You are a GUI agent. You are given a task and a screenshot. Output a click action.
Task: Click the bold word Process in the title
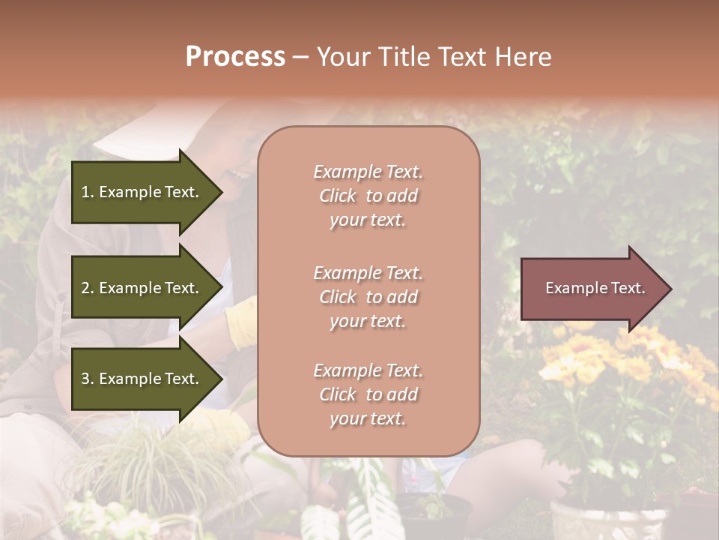point(235,57)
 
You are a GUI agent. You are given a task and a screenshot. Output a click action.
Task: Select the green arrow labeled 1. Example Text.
point(142,192)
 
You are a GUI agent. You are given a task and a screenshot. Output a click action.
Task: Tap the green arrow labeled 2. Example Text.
point(142,288)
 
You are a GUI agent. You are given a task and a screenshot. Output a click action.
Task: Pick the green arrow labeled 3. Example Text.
point(142,379)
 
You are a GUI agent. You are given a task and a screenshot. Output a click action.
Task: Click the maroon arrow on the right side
point(592,289)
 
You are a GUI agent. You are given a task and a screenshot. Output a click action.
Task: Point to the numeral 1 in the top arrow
point(85,192)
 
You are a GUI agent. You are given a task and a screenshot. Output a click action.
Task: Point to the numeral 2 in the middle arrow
point(85,288)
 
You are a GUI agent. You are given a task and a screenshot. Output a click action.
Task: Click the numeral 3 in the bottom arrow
point(85,379)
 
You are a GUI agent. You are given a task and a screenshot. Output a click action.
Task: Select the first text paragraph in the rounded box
point(368,196)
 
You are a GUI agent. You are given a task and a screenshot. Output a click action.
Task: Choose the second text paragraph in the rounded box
point(368,297)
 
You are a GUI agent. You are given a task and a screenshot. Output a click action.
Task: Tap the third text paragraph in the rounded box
point(368,394)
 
